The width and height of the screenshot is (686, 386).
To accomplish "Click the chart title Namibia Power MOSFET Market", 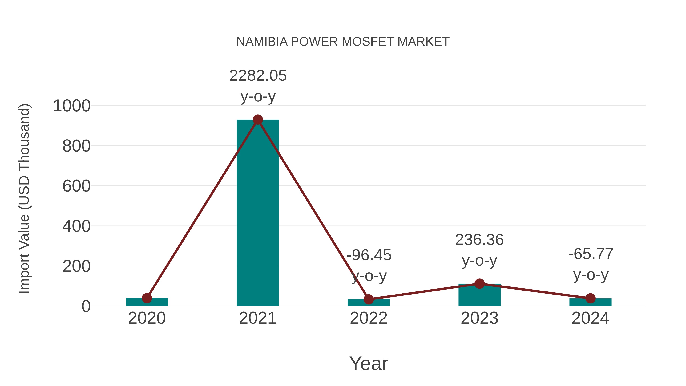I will [x=343, y=42].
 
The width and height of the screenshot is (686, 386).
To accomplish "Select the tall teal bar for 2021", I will [x=257, y=213].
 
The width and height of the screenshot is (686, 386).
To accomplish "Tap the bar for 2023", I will [x=479, y=296].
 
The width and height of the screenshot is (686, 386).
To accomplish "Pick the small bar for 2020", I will [x=147, y=302].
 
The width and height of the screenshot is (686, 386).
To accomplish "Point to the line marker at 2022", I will [x=369, y=299].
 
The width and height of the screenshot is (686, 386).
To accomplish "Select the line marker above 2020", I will [x=147, y=298].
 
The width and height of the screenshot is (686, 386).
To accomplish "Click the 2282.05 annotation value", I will [x=258, y=76].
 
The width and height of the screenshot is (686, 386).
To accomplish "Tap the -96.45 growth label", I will [x=369, y=255].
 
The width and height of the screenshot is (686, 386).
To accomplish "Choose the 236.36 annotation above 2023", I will [x=479, y=240].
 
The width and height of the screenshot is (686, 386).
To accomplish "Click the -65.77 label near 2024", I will [x=591, y=254].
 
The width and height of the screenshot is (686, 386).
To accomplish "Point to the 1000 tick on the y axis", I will [x=72, y=106].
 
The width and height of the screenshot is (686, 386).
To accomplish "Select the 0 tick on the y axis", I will [x=86, y=306].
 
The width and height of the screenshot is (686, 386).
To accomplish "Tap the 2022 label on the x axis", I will [x=369, y=318].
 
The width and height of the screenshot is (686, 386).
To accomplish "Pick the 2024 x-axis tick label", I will [x=590, y=318].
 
